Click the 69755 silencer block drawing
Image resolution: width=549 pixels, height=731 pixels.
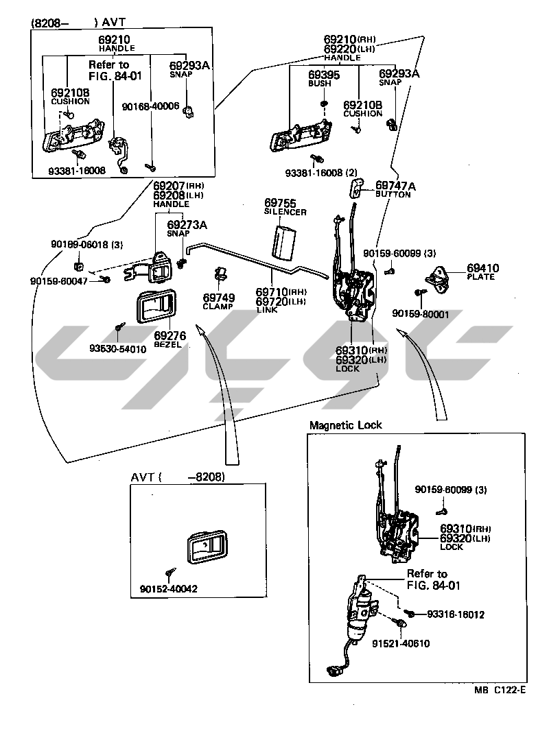283,241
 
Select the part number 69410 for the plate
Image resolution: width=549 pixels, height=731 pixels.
483,268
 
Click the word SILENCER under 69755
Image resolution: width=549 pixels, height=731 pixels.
285,213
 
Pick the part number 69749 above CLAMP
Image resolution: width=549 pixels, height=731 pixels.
218,298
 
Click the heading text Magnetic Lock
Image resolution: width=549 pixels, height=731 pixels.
346,425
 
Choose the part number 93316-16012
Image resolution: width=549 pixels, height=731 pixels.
456,614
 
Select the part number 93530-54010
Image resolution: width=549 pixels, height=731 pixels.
117,349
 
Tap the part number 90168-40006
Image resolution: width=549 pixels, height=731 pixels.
150,106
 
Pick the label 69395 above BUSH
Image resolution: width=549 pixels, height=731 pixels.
323,74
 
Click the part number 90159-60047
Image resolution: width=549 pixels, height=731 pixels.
58,281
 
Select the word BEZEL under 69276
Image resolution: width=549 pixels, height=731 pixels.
168,344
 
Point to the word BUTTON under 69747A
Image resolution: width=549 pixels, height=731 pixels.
393,195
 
